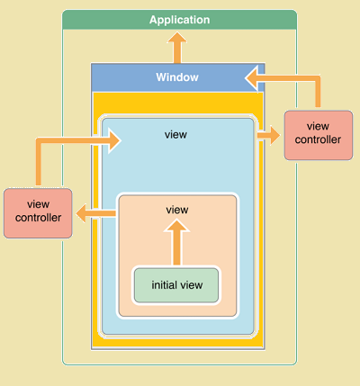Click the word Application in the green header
[179, 20]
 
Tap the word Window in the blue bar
[177, 77]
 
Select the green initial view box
[176, 285]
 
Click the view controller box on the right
[319, 135]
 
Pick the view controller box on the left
[38, 213]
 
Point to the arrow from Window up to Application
[177, 48]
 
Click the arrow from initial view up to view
[176, 242]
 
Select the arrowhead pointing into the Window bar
[251, 78]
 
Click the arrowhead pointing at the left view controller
[81, 213]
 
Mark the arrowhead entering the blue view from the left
[114, 140]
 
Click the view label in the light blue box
[175, 135]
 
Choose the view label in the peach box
[177, 210]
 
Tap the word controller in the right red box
[318, 139]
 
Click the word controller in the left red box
[38, 218]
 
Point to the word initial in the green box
[163, 284]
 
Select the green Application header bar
[179, 20]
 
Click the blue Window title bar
[177, 77]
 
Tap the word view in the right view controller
[318, 126]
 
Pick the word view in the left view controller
[38, 204]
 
